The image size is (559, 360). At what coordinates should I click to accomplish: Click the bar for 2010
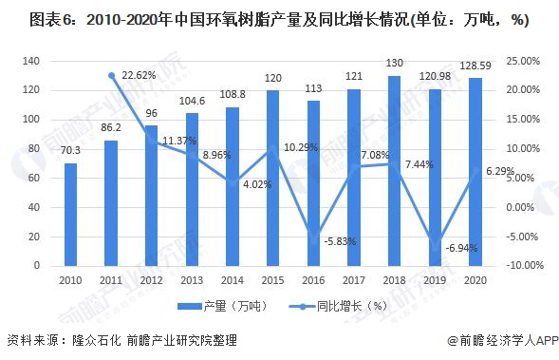coord(70,215)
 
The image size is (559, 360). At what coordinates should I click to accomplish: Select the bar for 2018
coord(394,171)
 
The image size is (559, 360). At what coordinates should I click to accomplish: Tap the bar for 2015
coord(273,178)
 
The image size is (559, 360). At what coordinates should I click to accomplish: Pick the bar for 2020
coord(475,172)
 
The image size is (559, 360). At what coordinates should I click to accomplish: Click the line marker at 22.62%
coord(112,76)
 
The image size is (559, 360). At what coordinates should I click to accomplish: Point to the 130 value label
coord(394,63)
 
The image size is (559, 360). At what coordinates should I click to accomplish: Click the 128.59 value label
coord(475,66)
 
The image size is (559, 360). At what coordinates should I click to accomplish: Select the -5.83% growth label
coord(340,241)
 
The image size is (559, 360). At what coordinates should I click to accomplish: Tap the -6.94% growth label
coord(461,248)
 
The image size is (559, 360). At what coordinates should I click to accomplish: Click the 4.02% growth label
coord(257,184)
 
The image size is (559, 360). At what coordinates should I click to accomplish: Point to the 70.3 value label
coord(70,151)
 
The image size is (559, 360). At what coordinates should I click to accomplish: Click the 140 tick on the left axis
coord(31,61)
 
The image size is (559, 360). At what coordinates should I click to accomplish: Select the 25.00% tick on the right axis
coord(523,61)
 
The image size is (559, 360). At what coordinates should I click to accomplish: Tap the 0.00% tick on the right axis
coord(520,207)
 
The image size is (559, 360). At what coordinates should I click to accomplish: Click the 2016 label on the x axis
coord(313,280)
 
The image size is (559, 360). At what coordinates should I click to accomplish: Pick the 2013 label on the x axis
coord(192,280)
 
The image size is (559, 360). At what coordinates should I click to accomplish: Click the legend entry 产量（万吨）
coord(222,306)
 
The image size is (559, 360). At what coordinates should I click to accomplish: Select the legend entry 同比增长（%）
coord(338,306)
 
